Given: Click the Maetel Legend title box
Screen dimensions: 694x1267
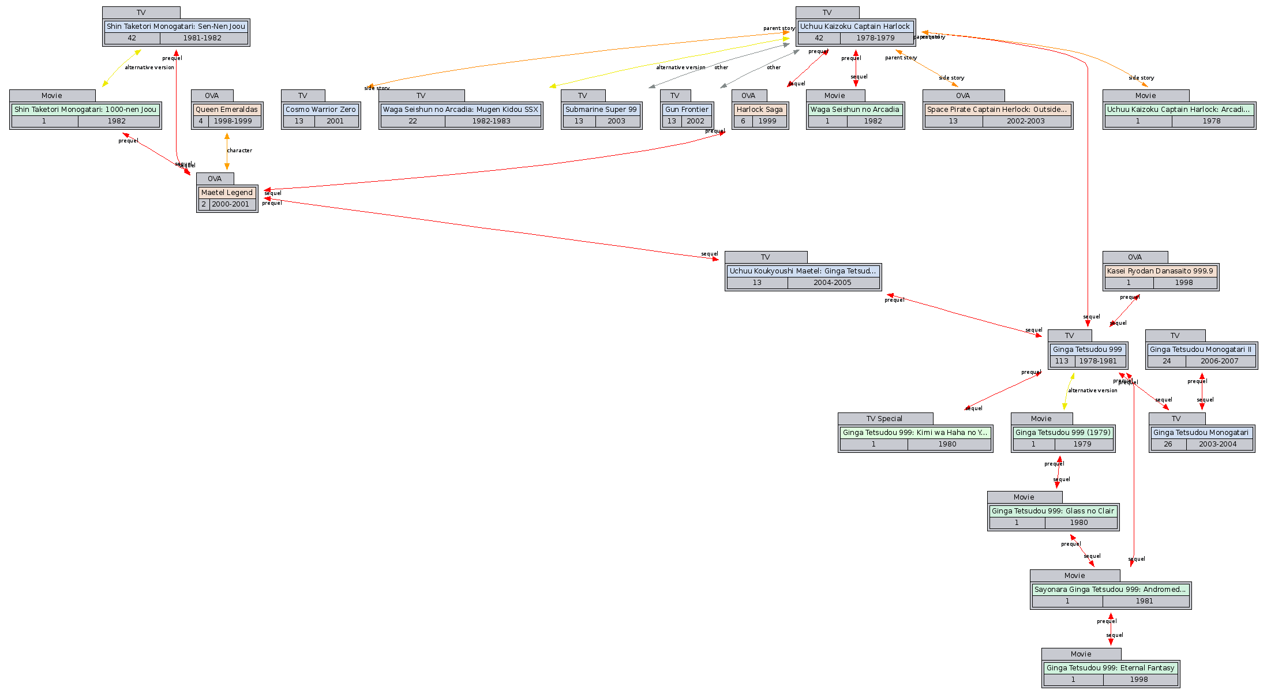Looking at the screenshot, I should [x=227, y=193].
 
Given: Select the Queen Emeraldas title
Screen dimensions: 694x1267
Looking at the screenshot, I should [x=227, y=110].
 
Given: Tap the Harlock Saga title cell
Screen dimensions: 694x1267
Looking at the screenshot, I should [x=759, y=110].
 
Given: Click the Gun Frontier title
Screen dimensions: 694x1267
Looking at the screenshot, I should [x=687, y=110].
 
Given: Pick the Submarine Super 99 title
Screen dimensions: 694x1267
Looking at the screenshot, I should [x=601, y=110].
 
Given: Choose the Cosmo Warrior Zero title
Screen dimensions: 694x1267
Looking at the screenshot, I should [x=321, y=110].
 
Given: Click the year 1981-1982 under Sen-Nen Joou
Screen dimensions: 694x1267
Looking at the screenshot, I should [x=203, y=38].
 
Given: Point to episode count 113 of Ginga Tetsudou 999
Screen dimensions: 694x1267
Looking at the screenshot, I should [x=1062, y=361].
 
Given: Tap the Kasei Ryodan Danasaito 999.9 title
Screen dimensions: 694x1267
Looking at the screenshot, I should [x=1160, y=271].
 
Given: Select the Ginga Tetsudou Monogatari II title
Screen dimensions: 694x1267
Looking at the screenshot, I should [x=1201, y=350].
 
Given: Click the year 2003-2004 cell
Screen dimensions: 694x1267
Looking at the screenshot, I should [x=1217, y=444].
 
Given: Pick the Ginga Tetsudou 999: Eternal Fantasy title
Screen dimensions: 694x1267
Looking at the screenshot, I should [x=1110, y=668].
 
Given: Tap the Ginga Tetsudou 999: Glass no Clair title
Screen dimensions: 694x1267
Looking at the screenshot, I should [x=1053, y=511].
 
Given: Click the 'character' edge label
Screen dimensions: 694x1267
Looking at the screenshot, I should [x=239, y=151].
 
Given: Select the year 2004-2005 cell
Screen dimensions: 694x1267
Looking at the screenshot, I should [x=832, y=283].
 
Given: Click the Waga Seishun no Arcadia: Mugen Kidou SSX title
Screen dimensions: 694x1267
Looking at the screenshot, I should [x=460, y=110].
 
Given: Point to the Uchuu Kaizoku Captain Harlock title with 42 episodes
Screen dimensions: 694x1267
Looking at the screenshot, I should [x=854, y=27].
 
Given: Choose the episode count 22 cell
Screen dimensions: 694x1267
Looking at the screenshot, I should [x=413, y=121].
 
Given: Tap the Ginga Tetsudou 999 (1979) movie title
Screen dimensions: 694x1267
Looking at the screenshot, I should [x=1063, y=433].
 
